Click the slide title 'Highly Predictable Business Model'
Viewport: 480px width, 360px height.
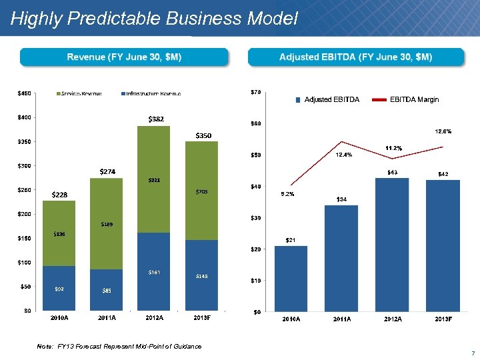click(x=154, y=19)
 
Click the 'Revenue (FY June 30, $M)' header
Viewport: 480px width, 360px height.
click(x=124, y=57)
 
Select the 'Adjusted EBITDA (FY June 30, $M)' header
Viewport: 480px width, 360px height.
click(x=355, y=57)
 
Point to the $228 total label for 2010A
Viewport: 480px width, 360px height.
click(x=59, y=195)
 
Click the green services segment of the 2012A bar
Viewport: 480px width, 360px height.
click(x=154, y=179)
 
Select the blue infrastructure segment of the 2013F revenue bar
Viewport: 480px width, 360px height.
click(x=201, y=275)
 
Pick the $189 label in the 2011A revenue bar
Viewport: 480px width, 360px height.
click(x=107, y=225)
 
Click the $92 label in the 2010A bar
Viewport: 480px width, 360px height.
click(x=59, y=289)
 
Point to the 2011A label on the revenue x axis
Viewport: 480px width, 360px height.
click(x=107, y=318)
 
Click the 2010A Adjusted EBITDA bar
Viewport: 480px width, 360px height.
click(x=291, y=278)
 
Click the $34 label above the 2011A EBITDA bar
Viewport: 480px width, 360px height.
click(x=341, y=199)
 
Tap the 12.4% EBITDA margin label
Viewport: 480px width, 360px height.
click(x=344, y=155)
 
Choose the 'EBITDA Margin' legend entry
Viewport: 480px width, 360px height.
click(x=414, y=99)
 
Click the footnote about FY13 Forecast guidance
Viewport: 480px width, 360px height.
click(x=119, y=346)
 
